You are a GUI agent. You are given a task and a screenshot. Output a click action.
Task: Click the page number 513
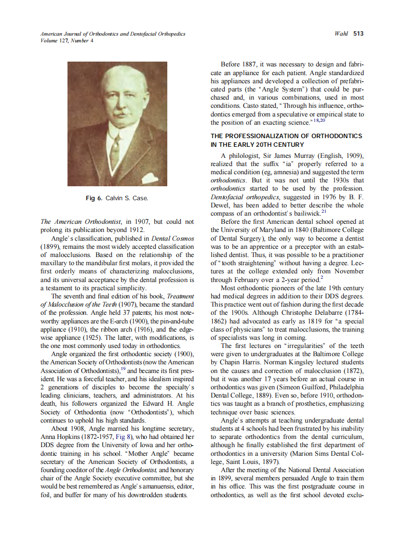click(x=358, y=34)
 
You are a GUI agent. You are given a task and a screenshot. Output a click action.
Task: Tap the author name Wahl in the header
click(x=341, y=34)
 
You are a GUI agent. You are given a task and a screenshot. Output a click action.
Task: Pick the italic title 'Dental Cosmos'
click(x=173, y=238)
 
